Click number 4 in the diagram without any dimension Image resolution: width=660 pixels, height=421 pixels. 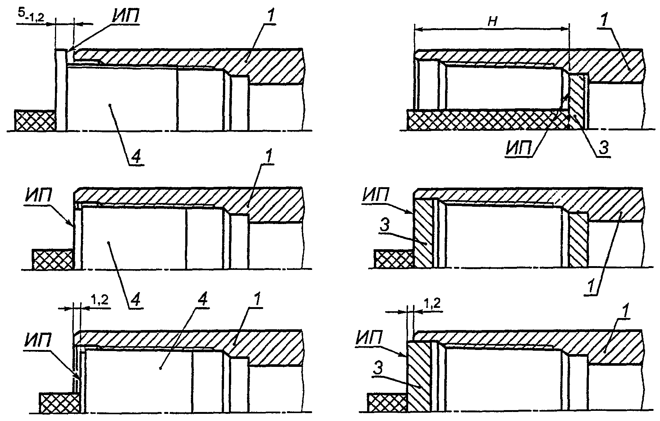pyautogui.click(x=136, y=300)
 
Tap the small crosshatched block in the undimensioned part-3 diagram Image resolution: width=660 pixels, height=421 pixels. pyautogui.click(x=394, y=259)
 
